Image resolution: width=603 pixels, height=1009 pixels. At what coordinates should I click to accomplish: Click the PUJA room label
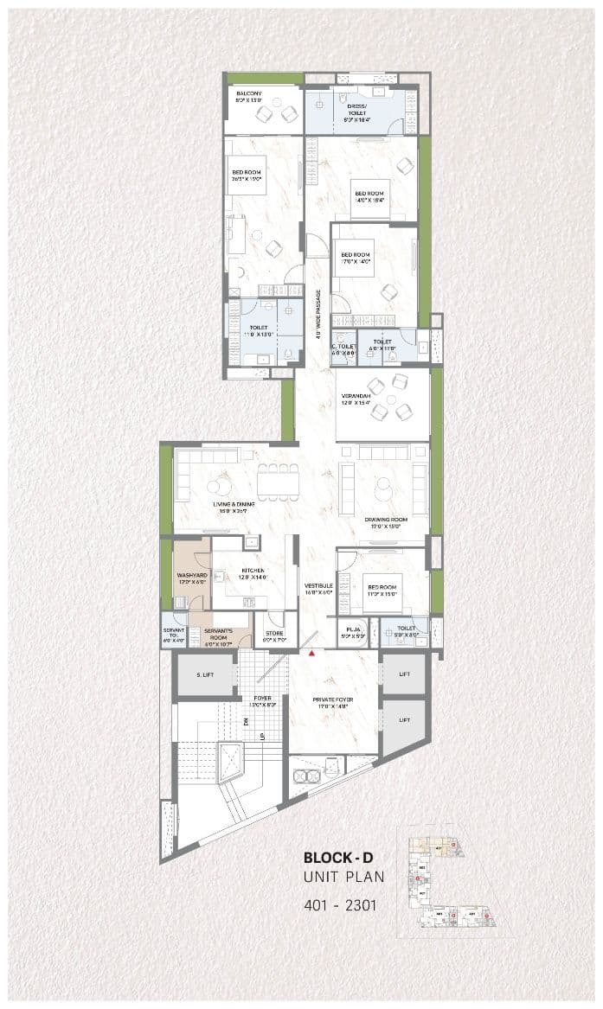[353, 630]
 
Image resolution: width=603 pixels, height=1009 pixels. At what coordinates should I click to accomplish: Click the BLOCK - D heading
[338, 858]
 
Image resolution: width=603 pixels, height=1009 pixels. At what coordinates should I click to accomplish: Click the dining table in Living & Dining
[278, 481]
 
